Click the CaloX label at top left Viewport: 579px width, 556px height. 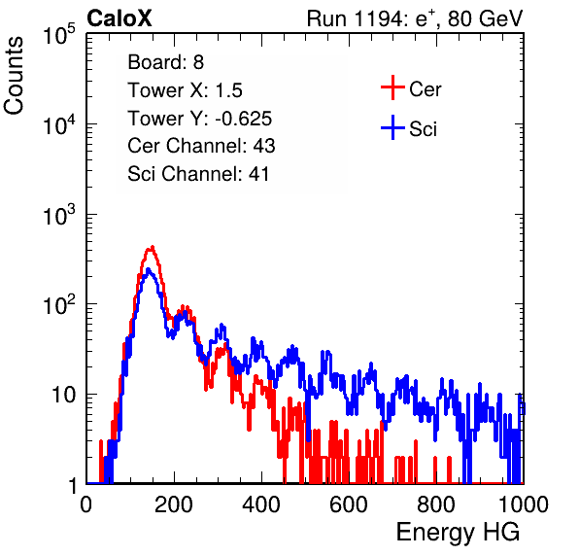(x=119, y=18)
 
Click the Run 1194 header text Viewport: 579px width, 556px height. (x=415, y=18)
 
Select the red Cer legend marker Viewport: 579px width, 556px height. (x=392, y=87)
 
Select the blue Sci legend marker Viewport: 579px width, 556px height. (x=392, y=127)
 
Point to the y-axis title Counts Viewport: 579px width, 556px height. (x=14, y=76)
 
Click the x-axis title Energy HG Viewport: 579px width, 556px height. (x=458, y=532)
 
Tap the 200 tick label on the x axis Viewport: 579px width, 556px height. (x=174, y=504)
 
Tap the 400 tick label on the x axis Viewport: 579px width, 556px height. (x=261, y=504)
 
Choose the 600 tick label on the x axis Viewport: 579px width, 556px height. (x=349, y=504)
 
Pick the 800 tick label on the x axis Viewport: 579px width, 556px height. (x=436, y=504)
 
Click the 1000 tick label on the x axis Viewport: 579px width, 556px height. (x=524, y=504)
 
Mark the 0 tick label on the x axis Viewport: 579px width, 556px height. (x=86, y=504)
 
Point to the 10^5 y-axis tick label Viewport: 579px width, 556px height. (x=59, y=34)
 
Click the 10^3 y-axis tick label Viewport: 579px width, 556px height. (x=59, y=215)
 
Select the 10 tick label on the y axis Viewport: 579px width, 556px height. (x=64, y=395)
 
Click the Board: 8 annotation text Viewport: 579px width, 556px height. (x=165, y=62)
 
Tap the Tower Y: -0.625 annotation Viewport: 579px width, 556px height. (x=200, y=119)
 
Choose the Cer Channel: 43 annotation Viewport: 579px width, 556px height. (x=201, y=146)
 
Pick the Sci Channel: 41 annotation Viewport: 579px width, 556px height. (x=198, y=174)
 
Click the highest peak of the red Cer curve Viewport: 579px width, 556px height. (x=153, y=247)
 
